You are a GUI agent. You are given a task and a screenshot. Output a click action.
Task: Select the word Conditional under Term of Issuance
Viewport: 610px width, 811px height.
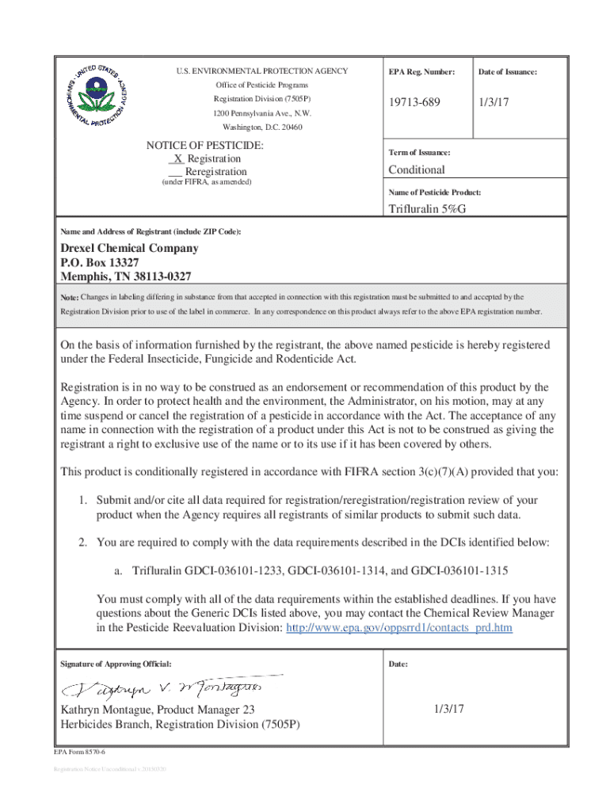416,169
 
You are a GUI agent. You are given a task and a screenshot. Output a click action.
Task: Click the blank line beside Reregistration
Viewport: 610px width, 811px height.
176,172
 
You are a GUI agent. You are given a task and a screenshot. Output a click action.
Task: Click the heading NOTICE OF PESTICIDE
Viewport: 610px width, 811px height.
205,146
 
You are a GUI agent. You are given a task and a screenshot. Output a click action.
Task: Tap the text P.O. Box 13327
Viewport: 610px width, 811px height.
101,262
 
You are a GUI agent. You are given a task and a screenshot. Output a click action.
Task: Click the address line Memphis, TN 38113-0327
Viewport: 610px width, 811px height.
126,276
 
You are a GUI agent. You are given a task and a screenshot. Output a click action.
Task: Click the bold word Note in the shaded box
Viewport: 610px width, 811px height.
69,297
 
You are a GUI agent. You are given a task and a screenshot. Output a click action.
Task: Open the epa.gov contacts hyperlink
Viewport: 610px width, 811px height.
398,628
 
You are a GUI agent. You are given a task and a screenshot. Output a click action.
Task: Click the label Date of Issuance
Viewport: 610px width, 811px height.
508,72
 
